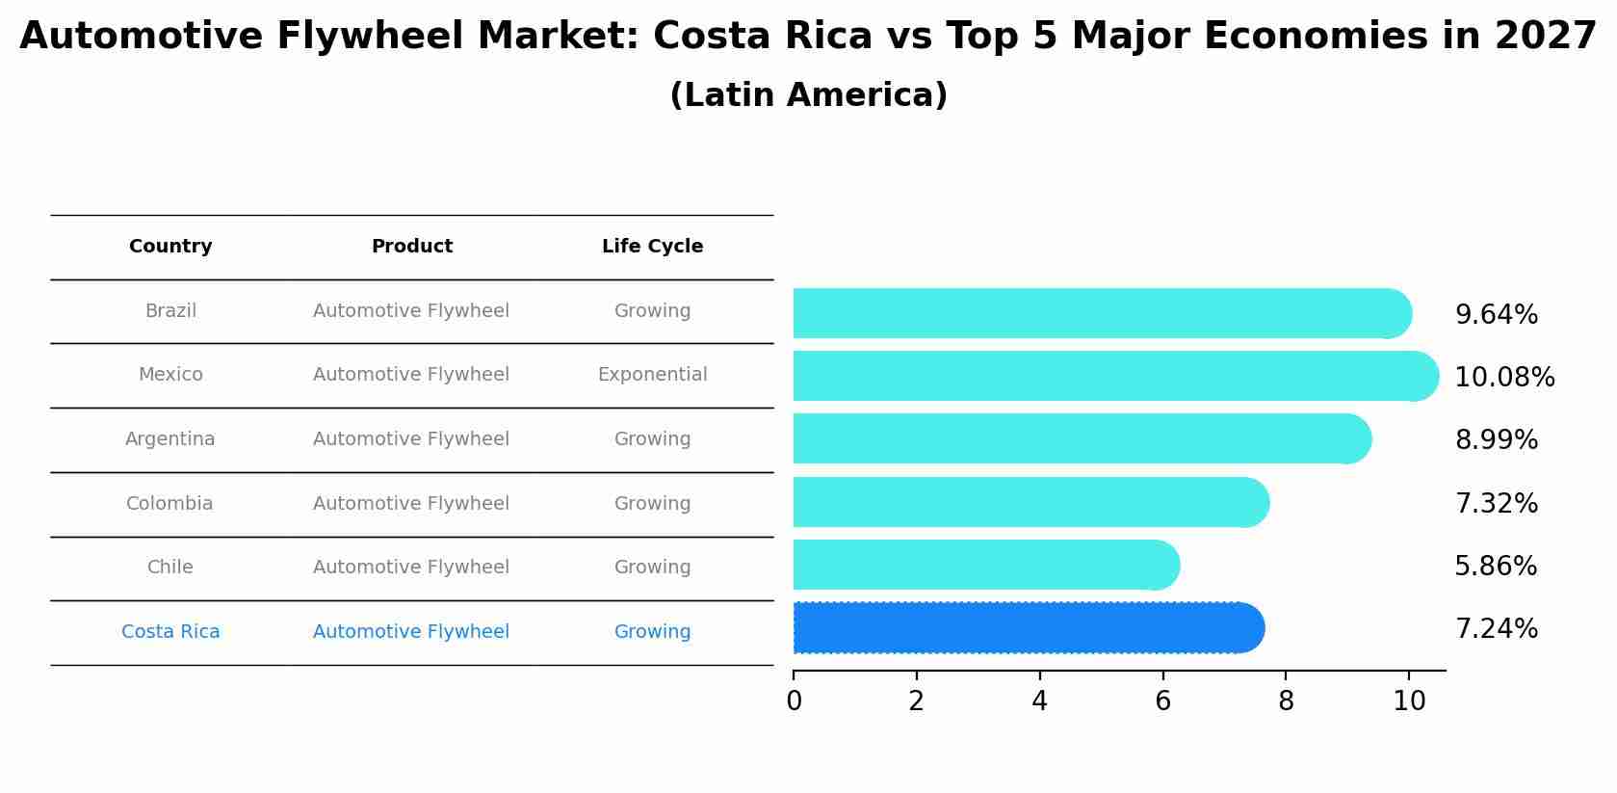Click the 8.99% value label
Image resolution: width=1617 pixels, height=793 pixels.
pyautogui.click(x=1496, y=440)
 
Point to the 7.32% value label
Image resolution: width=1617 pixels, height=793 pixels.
pyautogui.click(x=1496, y=503)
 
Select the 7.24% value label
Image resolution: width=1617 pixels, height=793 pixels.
pyautogui.click(x=1496, y=629)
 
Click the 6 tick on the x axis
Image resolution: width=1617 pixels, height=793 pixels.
pyautogui.click(x=1162, y=700)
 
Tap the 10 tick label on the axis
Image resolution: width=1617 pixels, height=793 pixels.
pyautogui.click(x=1409, y=700)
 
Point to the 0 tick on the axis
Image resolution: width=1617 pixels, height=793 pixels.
pyautogui.click(x=794, y=700)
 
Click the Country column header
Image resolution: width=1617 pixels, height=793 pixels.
pyautogui.click(x=170, y=247)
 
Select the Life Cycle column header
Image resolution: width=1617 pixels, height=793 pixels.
pyautogui.click(x=652, y=247)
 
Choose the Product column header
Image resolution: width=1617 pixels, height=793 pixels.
pyautogui.click(x=411, y=247)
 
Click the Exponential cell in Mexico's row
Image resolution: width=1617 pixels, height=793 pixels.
pyautogui.click(x=652, y=375)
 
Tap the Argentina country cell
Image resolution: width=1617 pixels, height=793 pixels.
pyautogui.click(x=170, y=439)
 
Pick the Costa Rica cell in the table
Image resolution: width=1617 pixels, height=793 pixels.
pyautogui.click(x=170, y=632)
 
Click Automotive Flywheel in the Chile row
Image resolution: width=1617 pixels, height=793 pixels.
pyautogui.click(x=411, y=568)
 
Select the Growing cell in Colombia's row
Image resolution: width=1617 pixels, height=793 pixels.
pyautogui.click(x=652, y=504)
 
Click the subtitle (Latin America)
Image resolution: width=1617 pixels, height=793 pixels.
pyautogui.click(x=808, y=95)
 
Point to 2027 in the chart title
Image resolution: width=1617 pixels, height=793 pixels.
pyautogui.click(x=1546, y=37)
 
